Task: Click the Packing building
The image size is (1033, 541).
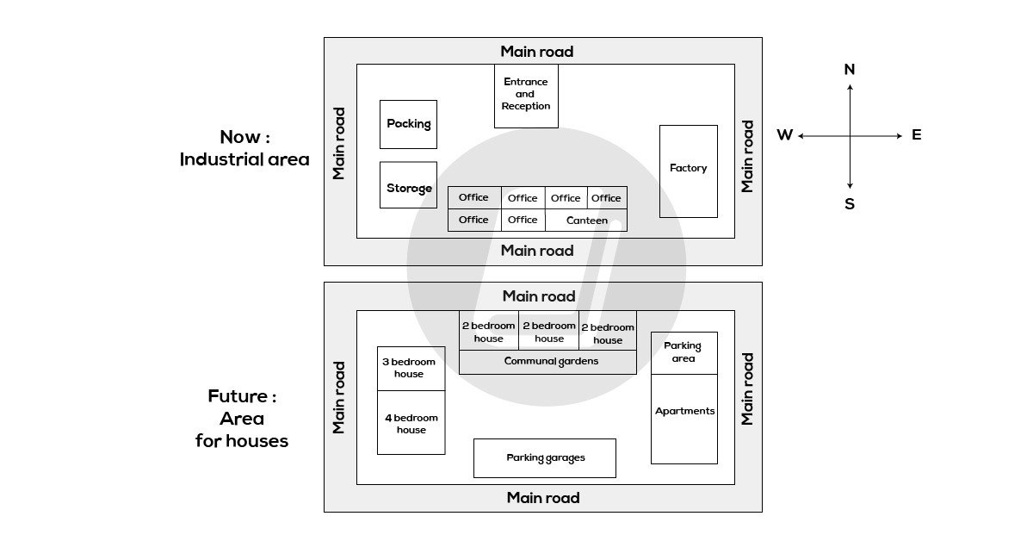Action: point(408,124)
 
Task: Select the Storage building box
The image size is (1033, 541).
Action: point(408,185)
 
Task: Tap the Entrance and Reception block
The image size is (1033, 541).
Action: point(525,96)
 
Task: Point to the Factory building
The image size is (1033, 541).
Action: point(688,171)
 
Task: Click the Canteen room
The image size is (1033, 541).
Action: point(586,221)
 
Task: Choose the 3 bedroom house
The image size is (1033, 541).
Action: point(411,369)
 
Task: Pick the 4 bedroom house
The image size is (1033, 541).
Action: point(411,423)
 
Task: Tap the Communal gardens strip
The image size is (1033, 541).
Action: point(547,362)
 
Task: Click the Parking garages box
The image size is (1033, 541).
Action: point(544,457)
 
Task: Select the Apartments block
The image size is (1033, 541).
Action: point(684,419)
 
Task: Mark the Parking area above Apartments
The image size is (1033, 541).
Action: point(684,352)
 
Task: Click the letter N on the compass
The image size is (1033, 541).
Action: point(850,70)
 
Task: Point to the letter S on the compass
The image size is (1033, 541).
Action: point(850,204)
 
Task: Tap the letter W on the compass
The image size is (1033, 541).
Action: point(784,135)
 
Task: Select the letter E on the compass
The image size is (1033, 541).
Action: point(916,135)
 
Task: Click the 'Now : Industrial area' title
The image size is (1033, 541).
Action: point(244,148)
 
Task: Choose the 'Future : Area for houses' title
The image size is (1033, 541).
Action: point(242,419)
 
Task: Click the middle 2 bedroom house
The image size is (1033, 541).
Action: point(549,332)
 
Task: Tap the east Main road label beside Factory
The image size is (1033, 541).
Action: point(747,156)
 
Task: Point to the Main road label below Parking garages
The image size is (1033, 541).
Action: point(543,498)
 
